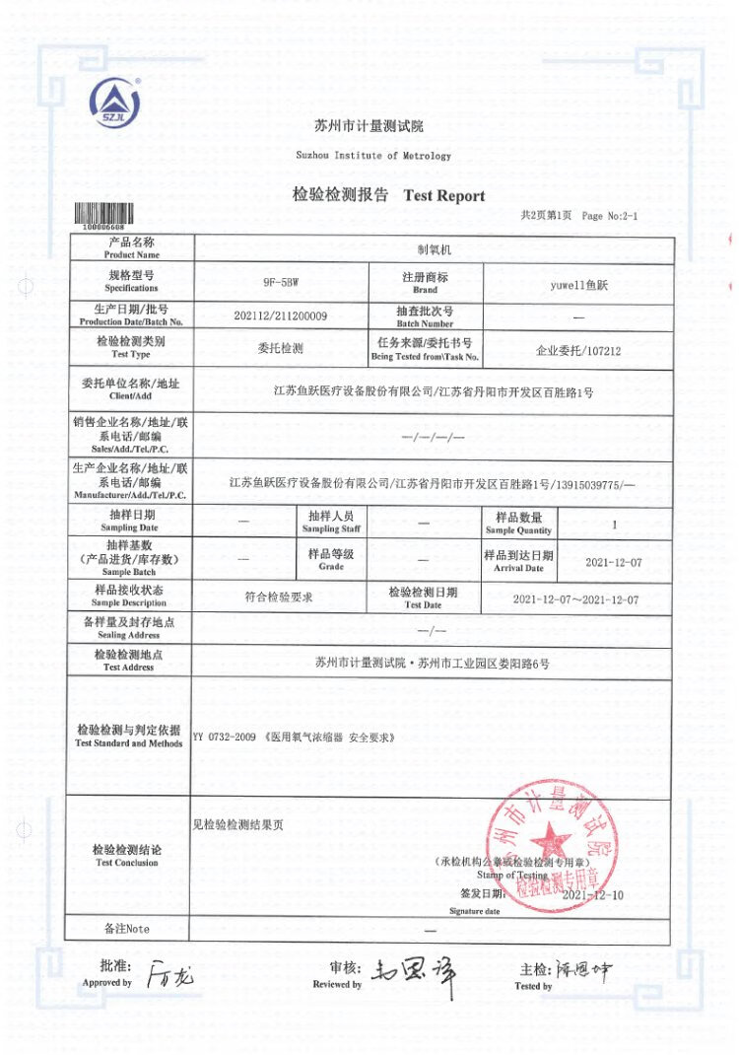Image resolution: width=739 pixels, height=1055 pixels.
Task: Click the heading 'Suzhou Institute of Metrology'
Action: (x=373, y=156)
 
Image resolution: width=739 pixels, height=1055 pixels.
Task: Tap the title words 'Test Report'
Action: (x=444, y=195)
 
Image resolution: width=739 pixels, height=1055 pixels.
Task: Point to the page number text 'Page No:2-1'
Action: (x=610, y=216)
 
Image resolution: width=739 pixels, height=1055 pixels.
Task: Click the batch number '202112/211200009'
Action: (x=281, y=316)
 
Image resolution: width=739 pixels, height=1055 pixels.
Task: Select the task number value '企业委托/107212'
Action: (x=578, y=349)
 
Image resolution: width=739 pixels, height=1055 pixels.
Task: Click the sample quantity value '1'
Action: (x=615, y=525)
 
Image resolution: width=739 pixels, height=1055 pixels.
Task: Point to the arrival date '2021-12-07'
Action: (x=614, y=562)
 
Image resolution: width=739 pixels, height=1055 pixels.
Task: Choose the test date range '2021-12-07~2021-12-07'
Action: (x=576, y=599)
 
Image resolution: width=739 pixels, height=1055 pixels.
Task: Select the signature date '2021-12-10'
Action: (x=593, y=895)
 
